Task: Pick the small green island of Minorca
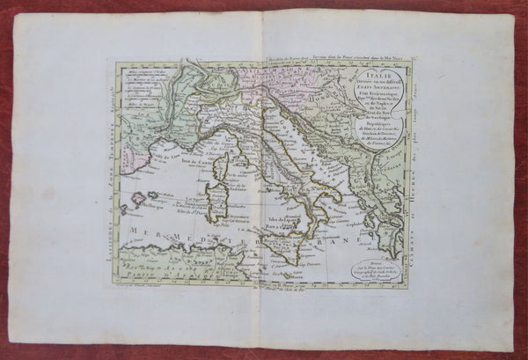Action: point(151,195)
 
